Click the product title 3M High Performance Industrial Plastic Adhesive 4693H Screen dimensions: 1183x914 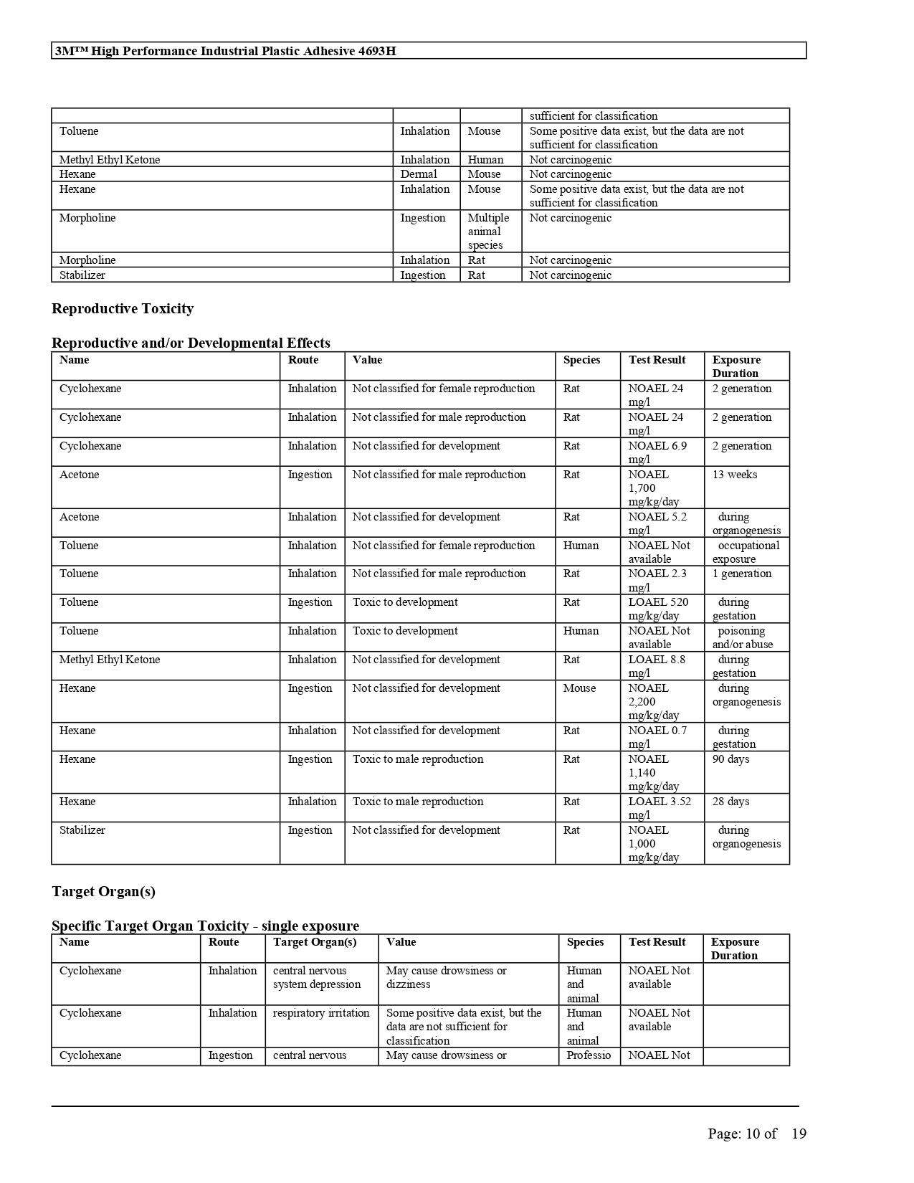pyautogui.click(x=225, y=51)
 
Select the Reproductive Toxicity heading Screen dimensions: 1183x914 pyautogui.click(x=123, y=309)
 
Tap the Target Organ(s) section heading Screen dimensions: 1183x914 pyautogui.click(x=103, y=892)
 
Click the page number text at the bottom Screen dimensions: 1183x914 pyautogui.click(x=756, y=1134)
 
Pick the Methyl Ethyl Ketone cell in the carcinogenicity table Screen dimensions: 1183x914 pyautogui.click(x=110, y=160)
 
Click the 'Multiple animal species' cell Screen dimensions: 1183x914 pyautogui.click(x=488, y=232)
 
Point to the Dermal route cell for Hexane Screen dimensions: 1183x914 pyautogui.click(x=419, y=174)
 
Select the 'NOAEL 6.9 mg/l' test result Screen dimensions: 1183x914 pyautogui.click(x=657, y=452)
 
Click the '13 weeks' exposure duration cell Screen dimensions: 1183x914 pyautogui.click(x=735, y=475)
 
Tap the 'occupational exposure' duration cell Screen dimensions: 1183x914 pyautogui.click(x=746, y=552)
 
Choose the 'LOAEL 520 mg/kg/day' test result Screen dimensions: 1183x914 pyautogui.click(x=657, y=609)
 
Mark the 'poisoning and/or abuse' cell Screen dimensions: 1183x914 pyautogui.click(x=743, y=637)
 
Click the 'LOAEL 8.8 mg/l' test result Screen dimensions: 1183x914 pyautogui.click(x=657, y=666)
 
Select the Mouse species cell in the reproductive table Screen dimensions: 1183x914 pyautogui.click(x=579, y=688)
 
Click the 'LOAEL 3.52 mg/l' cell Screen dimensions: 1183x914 pyautogui.click(x=660, y=808)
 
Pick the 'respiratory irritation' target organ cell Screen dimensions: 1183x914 pyautogui.click(x=321, y=1013)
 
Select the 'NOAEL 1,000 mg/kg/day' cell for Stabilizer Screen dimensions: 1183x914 pyautogui.click(x=653, y=844)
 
